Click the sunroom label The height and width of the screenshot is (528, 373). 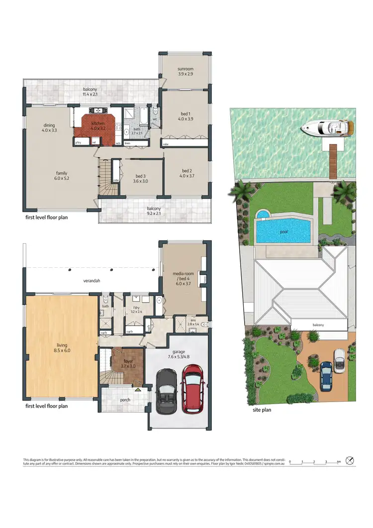pyautogui.click(x=185, y=69)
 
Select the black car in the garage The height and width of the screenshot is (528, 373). pyautogui.click(x=166, y=393)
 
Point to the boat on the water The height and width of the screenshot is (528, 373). pyautogui.click(x=327, y=128)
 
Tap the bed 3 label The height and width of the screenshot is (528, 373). pyautogui.click(x=140, y=176)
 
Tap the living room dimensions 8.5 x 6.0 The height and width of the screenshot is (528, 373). pyautogui.click(x=62, y=350)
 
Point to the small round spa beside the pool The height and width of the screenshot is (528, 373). pyautogui.click(x=262, y=215)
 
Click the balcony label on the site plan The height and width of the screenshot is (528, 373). pyautogui.click(x=318, y=325)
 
